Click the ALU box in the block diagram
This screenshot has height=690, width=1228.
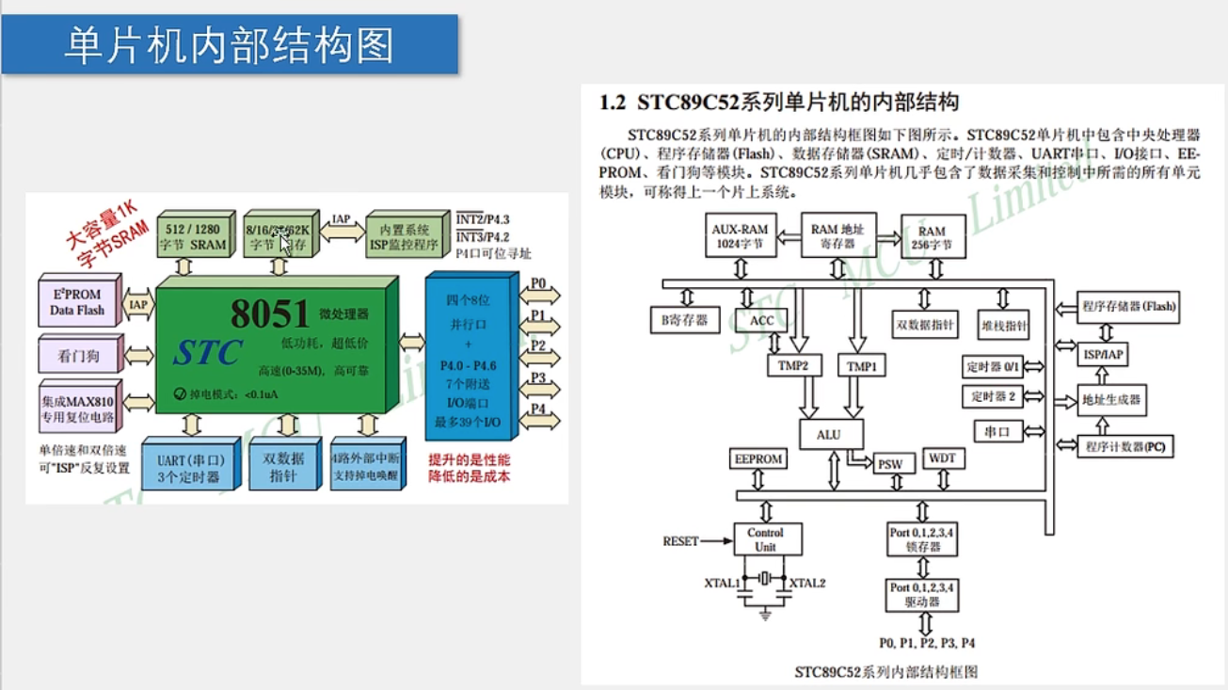click(x=829, y=435)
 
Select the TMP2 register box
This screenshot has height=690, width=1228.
click(x=793, y=365)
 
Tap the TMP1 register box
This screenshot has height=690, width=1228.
click(x=860, y=366)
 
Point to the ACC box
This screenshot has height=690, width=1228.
click(x=761, y=320)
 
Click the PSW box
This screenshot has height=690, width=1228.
click(x=889, y=464)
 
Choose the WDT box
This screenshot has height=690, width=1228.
click(x=942, y=458)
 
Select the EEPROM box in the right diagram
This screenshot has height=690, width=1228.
click(x=758, y=459)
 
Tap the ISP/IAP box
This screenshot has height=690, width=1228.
click(x=1102, y=354)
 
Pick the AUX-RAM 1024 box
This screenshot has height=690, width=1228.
click(x=740, y=236)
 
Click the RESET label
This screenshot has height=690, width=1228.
click(x=680, y=541)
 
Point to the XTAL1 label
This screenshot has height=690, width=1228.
click(x=722, y=583)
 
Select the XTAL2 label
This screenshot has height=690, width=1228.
click(x=807, y=583)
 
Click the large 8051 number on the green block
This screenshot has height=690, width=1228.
click(x=270, y=314)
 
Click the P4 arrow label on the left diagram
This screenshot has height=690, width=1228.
click(x=538, y=409)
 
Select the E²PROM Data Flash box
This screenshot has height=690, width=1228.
click(x=77, y=302)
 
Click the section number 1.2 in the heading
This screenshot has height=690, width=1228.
click(x=614, y=101)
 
